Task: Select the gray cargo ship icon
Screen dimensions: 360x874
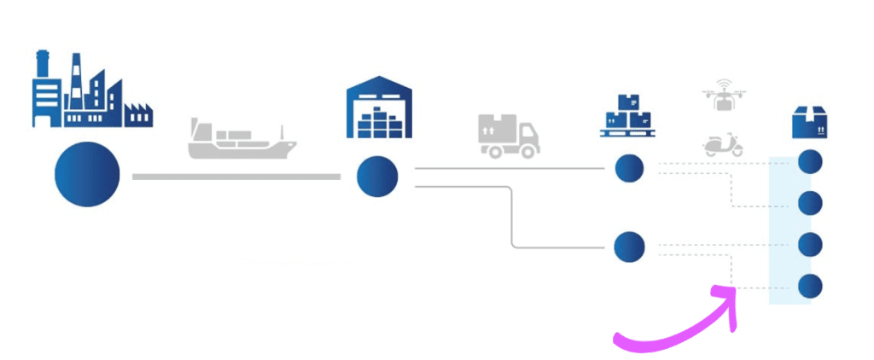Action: tap(242, 140)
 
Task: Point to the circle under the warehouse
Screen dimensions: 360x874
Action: tap(377, 177)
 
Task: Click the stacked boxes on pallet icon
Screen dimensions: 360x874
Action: tap(629, 115)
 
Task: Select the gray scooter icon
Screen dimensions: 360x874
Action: tap(722, 143)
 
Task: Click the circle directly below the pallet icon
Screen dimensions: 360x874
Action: tap(629, 168)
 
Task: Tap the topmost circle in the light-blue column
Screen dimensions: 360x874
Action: tap(809, 162)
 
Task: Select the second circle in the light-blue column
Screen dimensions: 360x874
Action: tap(809, 204)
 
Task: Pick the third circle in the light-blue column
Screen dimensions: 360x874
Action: tap(809, 245)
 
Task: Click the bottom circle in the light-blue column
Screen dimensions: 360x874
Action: tap(809, 286)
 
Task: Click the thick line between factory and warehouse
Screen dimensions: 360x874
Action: tap(236, 177)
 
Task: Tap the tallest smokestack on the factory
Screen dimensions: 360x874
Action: tap(76, 73)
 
